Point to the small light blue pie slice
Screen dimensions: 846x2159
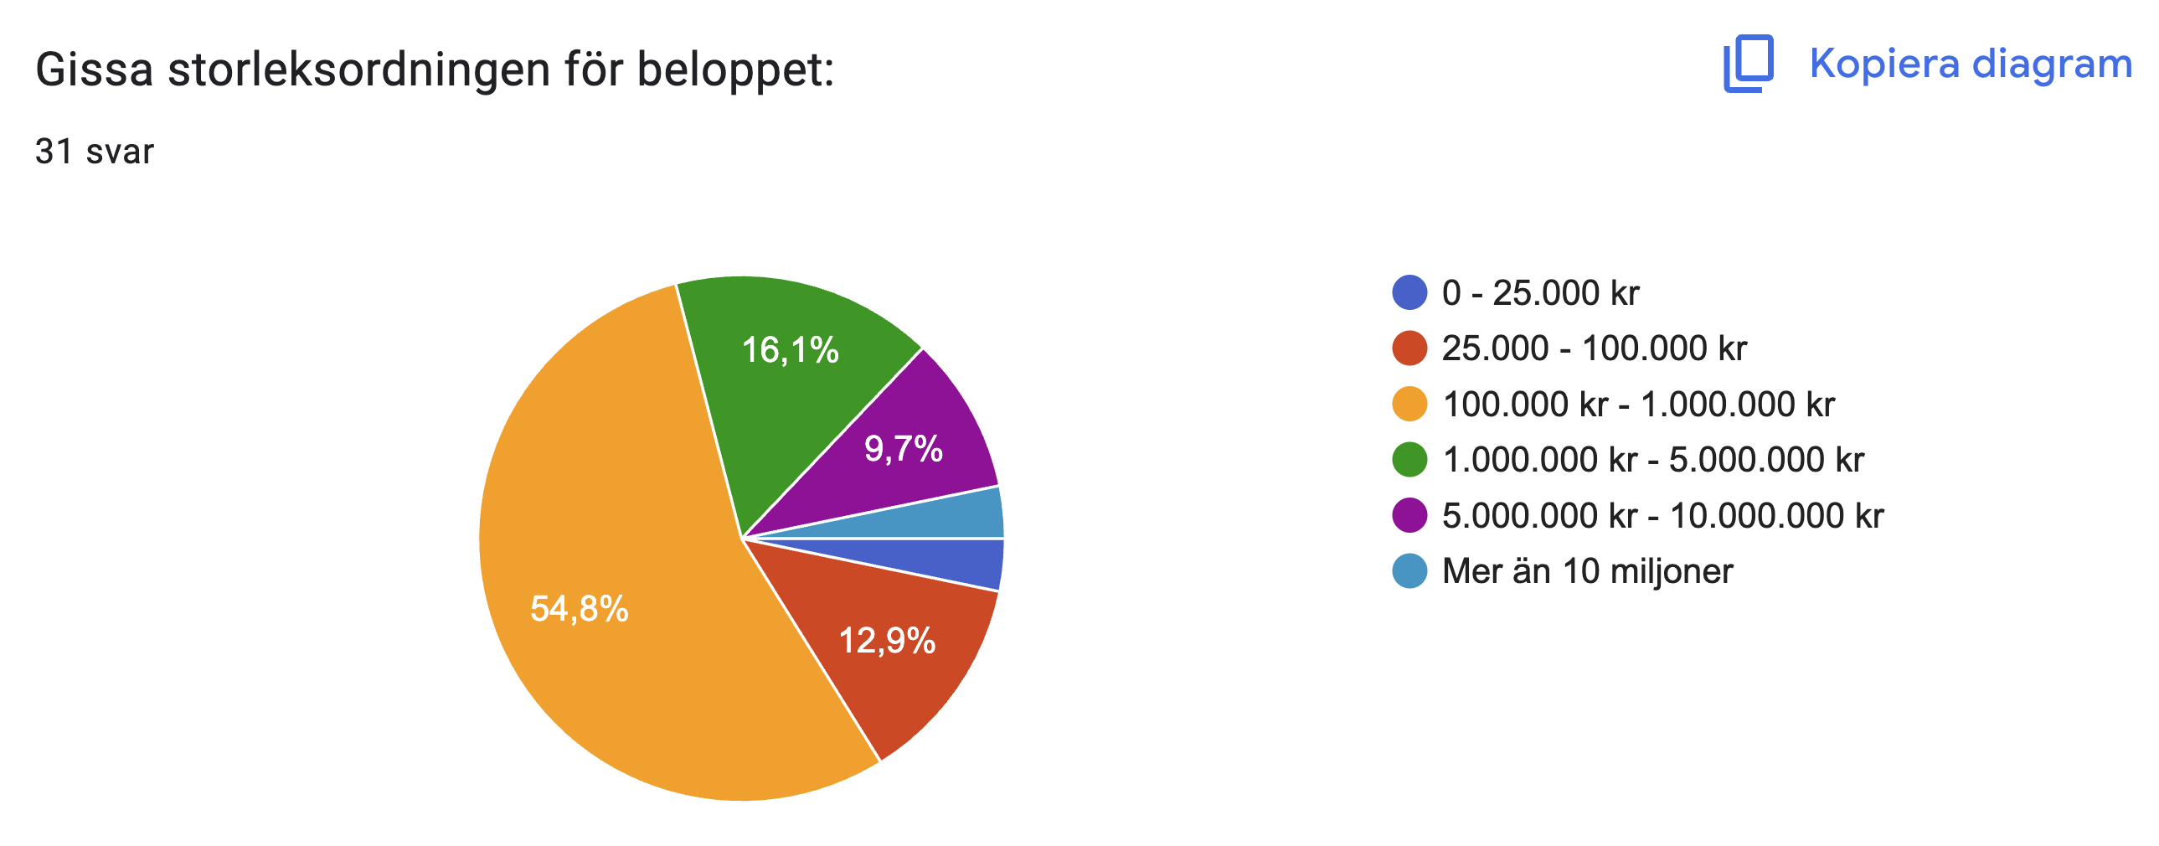(964, 516)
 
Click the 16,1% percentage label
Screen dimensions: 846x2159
(790, 350)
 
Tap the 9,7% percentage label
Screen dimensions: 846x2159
(904, 450)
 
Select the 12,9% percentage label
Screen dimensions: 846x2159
(887, 642)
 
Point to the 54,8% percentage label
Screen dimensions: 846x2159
(580, 609)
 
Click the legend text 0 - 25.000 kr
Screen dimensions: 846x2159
(1540, 292)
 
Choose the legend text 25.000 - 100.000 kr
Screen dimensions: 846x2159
(1594, 348)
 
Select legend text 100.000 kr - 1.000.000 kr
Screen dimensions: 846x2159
(1639, 404)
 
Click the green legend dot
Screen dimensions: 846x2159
(1409, 460)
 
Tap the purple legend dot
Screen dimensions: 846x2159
(1409, 515)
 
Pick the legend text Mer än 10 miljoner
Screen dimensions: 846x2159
(1587, 571)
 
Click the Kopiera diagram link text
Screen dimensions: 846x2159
(1971, 64)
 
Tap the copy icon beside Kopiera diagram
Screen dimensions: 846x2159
(1749, 64)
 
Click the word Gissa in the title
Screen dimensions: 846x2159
(94, 69)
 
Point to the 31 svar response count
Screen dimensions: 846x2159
(95, 152)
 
